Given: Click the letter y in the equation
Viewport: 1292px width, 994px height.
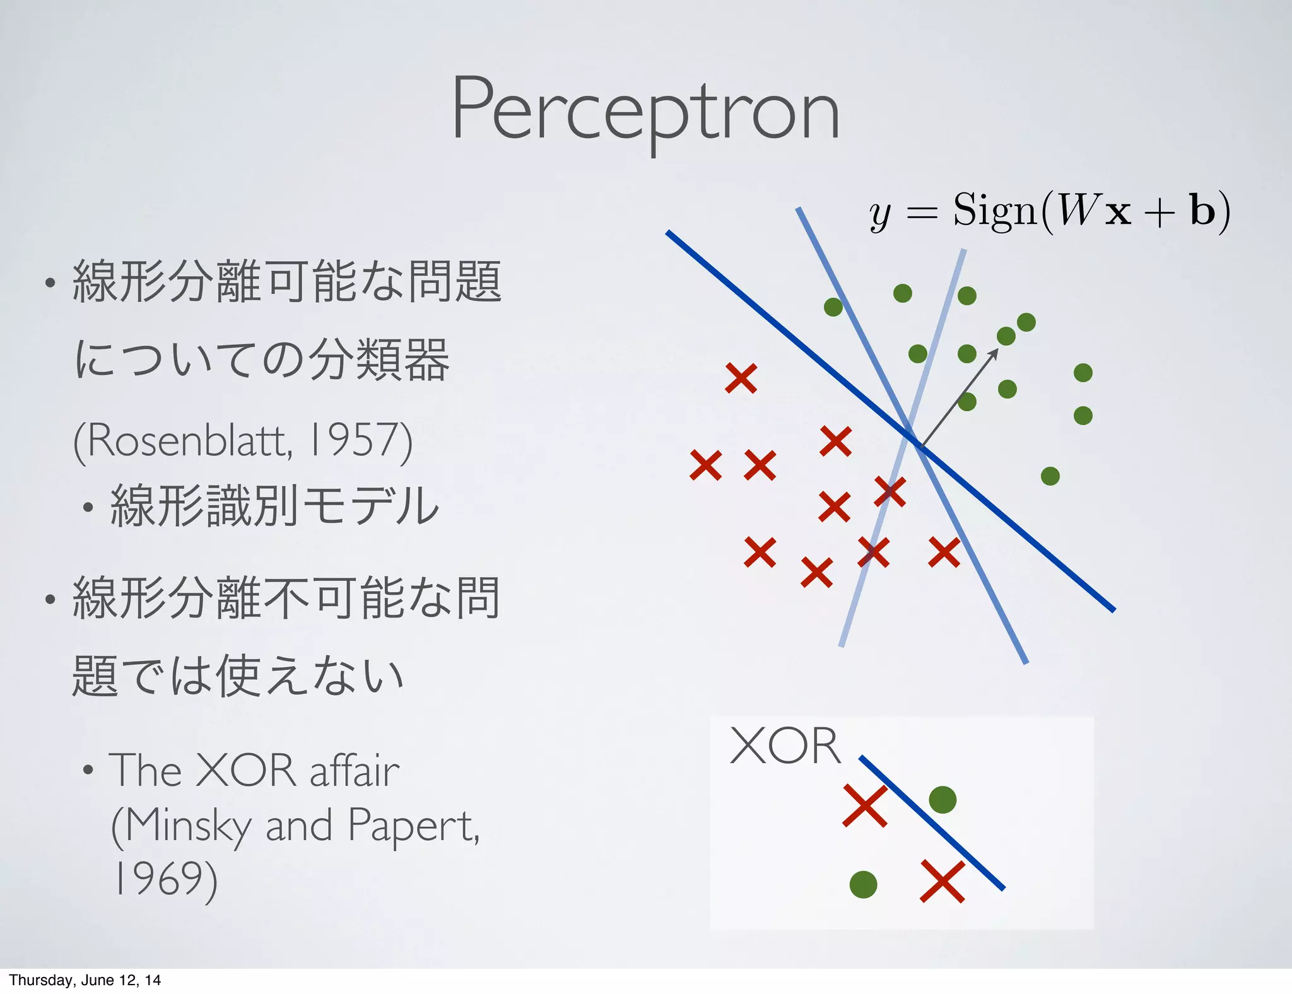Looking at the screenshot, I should [880, 214].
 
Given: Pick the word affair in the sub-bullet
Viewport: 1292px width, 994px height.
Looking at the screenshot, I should [355, 771].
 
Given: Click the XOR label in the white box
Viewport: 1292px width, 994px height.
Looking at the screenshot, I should [785, 746].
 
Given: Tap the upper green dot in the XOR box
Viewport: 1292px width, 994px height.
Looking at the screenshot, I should [943, 800].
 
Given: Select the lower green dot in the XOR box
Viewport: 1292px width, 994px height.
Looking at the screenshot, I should [863, 884].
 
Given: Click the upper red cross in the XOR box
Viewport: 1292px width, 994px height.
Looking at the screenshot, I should [865, 805].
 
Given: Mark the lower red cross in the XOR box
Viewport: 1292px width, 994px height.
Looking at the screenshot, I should [943, 881].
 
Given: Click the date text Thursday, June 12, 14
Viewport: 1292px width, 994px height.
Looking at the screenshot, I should [85, 980].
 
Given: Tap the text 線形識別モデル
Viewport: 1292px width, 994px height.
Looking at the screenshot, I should [274, 506].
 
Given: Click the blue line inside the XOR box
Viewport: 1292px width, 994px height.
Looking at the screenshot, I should [932, 822].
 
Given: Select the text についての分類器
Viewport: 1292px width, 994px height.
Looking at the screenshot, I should [262, 360].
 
